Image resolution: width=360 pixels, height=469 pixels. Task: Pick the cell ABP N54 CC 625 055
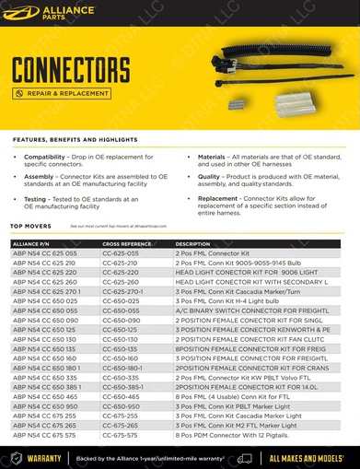click(44, 252)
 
